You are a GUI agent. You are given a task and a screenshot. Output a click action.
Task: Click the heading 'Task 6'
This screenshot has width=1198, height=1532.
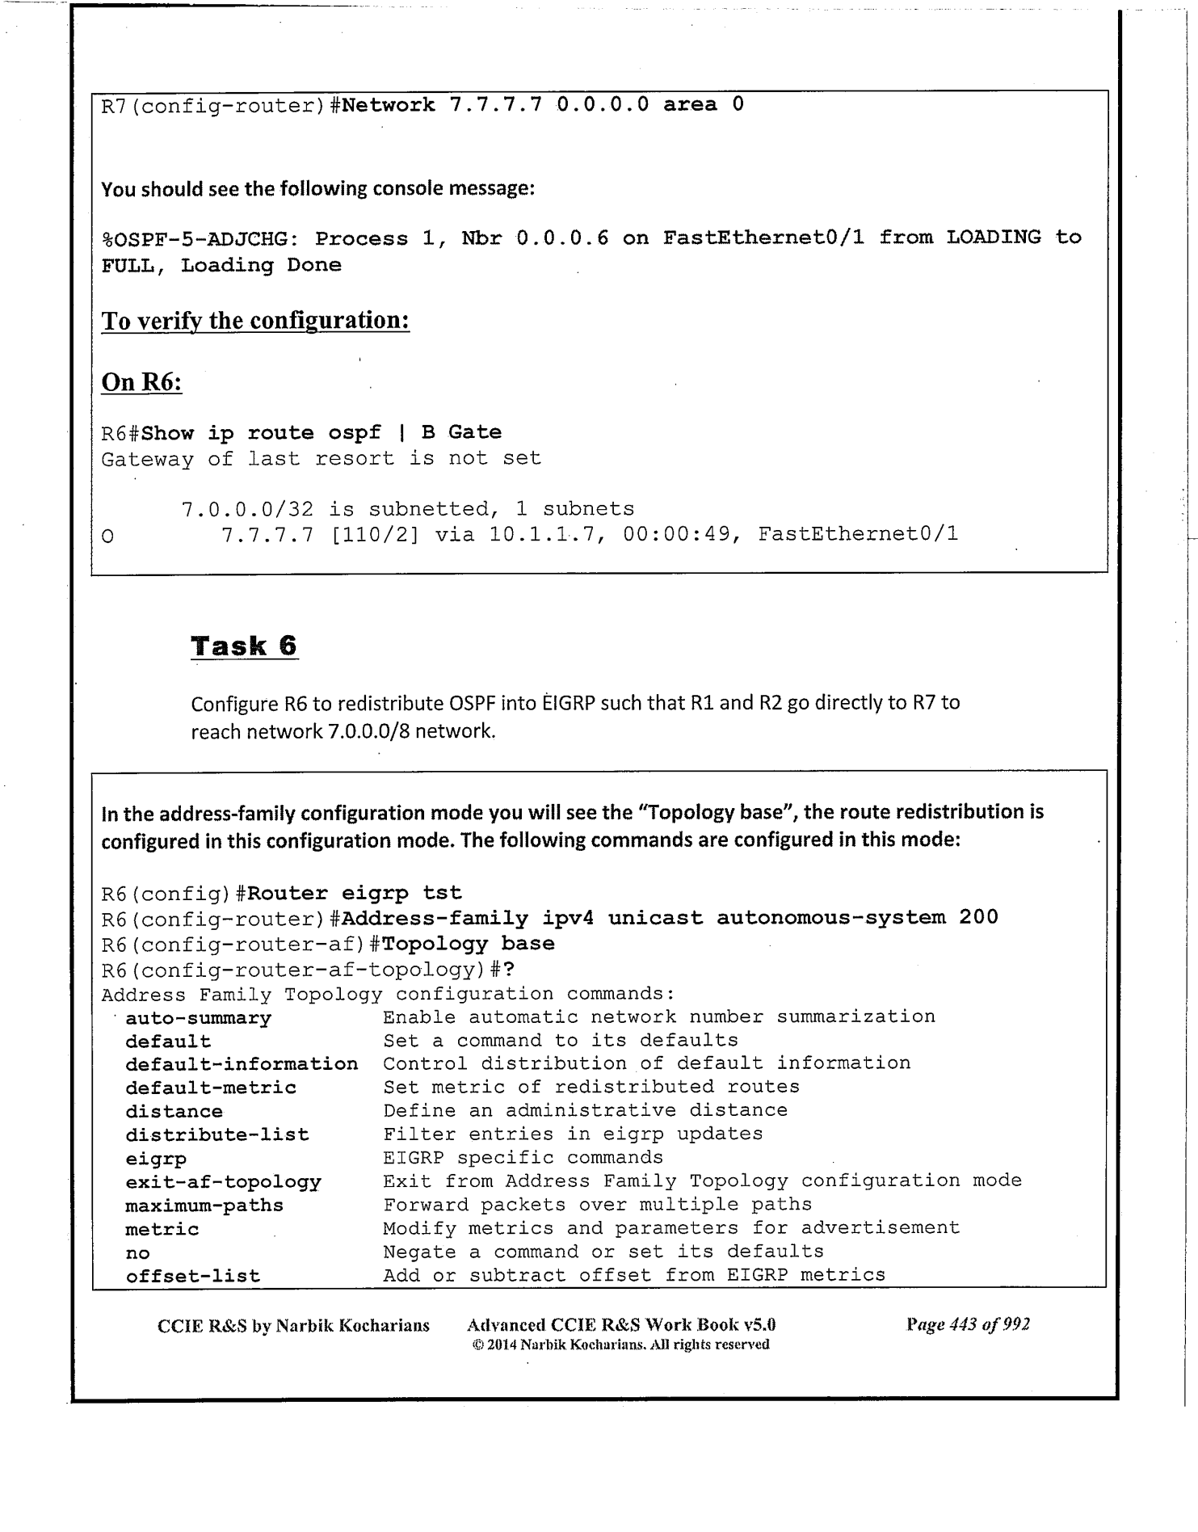244,646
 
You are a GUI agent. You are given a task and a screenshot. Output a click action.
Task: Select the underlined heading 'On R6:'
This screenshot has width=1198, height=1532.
141,381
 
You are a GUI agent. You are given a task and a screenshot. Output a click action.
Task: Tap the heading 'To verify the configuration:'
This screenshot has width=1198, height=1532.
255,321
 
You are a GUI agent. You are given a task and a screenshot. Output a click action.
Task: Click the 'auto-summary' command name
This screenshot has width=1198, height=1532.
198,1018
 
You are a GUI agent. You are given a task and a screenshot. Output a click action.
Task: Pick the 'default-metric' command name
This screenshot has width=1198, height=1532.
211,1088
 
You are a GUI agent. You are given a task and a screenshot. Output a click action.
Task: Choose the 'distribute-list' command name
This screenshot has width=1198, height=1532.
217,1135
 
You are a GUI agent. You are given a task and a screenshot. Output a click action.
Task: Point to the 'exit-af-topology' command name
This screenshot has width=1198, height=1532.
223,1182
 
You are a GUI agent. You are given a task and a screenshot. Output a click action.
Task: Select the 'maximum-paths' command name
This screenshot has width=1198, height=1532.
204,1206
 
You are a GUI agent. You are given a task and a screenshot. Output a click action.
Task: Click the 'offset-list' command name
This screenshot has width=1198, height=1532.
193,1277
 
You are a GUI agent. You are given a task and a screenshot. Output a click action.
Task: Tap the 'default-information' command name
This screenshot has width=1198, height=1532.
242,1064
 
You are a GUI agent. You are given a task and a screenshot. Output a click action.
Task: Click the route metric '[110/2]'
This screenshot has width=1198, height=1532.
375,534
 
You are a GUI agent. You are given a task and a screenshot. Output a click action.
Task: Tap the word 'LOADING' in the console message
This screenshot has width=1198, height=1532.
994,238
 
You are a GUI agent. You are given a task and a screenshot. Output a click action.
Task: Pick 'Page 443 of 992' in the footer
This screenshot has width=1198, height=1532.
968,1324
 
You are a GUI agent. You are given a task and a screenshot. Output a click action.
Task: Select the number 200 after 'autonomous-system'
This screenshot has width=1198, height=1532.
978,917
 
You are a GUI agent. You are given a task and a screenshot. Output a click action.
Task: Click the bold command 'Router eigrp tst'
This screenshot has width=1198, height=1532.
355,893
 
